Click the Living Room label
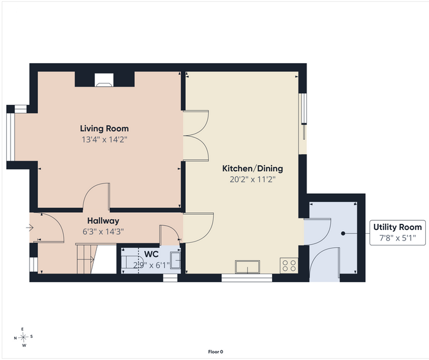(x=104, y=128)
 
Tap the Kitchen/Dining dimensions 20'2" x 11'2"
(x=252, y=180)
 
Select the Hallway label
(x=103, y=221)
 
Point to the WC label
(x=151, y=254)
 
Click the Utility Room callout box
(x=398, y=232)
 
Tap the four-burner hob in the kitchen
(x=289, y=266)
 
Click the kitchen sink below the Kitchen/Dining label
(x=248, y=267)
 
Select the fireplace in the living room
(x=104, y=80)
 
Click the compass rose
(x=23, y=337)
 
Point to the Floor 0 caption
(x=216, y=352)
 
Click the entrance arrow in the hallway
(x=29, y=228)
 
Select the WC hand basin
(x=175, y=261)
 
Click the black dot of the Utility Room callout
(x=343, y=234)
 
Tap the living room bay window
(x=10, y=137)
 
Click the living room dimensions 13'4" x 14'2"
(x=105, y=140)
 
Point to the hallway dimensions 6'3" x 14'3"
(x=103, y=232)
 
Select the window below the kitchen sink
(x=247, y=278)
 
